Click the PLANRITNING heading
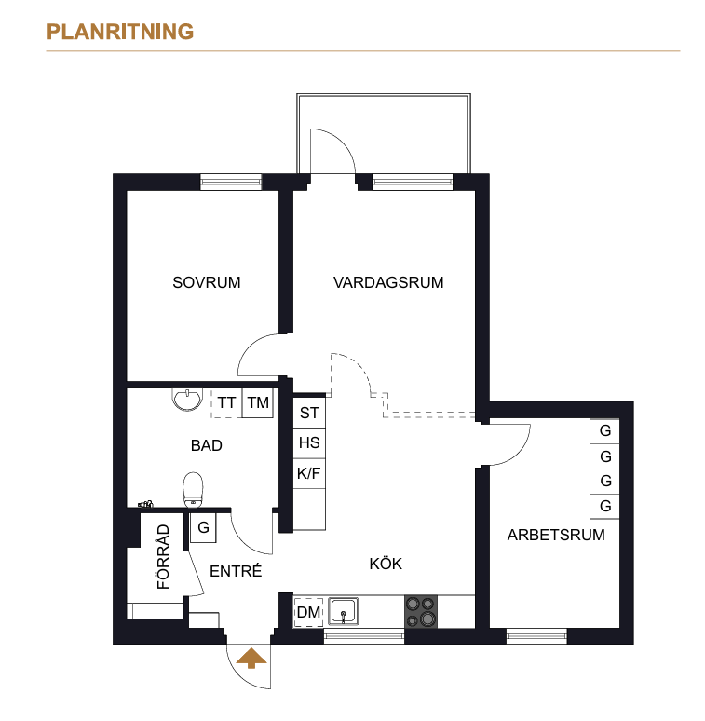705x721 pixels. [x=120, y=32]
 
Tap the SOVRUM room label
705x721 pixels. [x=207, y=282]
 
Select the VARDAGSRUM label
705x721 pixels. [x=388, y=282]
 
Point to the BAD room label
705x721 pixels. [x=207, y=445]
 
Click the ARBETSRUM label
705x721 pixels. [x=556, y=535]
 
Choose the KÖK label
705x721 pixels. [x=386, y=564]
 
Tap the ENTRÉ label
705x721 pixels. [x=236, y=571]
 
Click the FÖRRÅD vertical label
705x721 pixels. [x=163, y=557]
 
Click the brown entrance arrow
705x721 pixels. [x=251, y=658]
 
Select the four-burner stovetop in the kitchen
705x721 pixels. [x=421, y=612]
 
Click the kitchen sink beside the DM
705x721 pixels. [x=343, y=611]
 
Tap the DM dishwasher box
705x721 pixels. [x=308, y=612]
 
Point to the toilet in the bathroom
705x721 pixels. [x=193, y=490]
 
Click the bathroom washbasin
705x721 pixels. [x=187, y=399]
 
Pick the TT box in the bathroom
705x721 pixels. [x=226, y=402]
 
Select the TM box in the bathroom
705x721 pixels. [x=258, y=402]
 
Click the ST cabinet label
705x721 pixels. [x=309, y=413]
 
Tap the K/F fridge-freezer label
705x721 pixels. [x=309, y=473]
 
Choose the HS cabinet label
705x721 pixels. [x=309, y=442]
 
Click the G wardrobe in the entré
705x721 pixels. [x=203, y=527]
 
